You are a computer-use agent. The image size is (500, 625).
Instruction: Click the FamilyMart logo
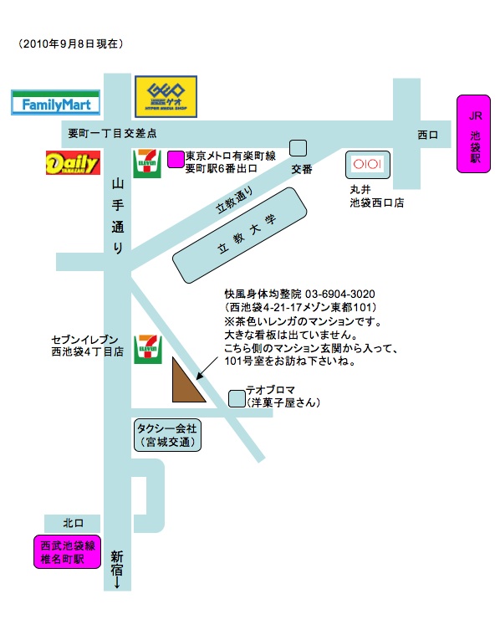tap(55, 103)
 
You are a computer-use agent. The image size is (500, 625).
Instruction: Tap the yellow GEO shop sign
tap(166, 96)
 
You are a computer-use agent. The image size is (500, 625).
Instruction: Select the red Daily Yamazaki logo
tap(73, 162)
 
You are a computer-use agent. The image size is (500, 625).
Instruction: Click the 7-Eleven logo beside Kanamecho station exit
tap(147, 163)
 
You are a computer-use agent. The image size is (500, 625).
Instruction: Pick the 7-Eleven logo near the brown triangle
tap(148, 349)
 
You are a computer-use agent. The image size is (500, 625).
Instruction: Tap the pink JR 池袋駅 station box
tap(473, 134)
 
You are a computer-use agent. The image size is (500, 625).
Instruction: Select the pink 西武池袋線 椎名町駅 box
tap(67, 551)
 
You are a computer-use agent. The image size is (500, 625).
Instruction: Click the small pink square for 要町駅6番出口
tap(176, 159)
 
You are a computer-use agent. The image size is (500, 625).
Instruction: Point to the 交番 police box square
tap(298, 148)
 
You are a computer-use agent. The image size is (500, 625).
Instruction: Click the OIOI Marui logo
tap(367, 164)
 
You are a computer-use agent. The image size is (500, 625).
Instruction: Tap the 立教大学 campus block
tap(239, 235)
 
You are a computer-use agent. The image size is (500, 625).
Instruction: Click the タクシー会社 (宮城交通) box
tap(167, 435)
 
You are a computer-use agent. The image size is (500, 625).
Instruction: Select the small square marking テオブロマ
tap(237, 398)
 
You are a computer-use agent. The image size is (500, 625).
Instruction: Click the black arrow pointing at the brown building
tap(207, 368)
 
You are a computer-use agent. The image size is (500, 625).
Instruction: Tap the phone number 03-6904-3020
tap(339, 295)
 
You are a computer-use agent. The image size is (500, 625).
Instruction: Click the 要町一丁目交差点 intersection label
tap(112, 133)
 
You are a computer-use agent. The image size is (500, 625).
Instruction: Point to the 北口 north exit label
tap(74, 523)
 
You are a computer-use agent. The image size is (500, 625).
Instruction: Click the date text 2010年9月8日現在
tap(70, 44)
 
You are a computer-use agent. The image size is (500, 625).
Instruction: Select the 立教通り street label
tap(234, 200)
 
